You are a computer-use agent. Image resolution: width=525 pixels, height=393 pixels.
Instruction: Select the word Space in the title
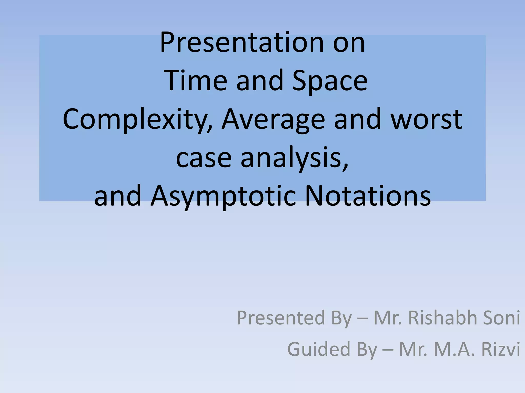tap(330, 80)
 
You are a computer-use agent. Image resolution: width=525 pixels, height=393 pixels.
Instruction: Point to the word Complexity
tap(137, 119)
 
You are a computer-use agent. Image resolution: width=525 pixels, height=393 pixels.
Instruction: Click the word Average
tap(273, 119)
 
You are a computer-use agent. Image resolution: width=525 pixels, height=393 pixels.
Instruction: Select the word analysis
tap(295, 158)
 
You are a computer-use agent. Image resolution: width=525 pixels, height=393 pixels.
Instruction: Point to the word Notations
tap(368, 196)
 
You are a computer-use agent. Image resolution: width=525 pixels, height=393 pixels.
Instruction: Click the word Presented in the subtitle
tap(281, 318)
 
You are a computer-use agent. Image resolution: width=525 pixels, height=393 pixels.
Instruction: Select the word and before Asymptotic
tap(118, 196)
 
